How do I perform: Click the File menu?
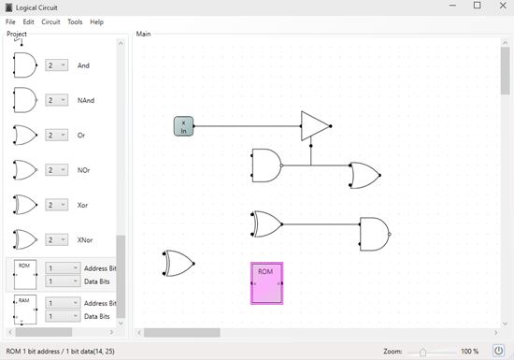point(10,22)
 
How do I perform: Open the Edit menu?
point(29,22)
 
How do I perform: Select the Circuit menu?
point(50,22)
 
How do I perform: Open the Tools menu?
point(75,22)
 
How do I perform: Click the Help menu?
point(96,22)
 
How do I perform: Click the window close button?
point(503,6)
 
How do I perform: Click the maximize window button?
point(478,6)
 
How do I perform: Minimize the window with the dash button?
point(452,6)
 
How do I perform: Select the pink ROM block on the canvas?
point(267,283)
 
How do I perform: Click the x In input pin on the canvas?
point(183,126)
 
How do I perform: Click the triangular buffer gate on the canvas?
point(315,126)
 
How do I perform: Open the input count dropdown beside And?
point(57,65)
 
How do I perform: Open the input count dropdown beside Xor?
point(57,205)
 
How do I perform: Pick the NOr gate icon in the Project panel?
point(25,170)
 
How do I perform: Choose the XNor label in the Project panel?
point(85,240)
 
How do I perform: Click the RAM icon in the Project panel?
point(25,310)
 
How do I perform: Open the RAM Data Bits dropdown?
point(63,316)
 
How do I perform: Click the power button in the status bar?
point(499,351)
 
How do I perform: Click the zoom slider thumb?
point(422,353)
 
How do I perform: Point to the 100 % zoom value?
point(470,352)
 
